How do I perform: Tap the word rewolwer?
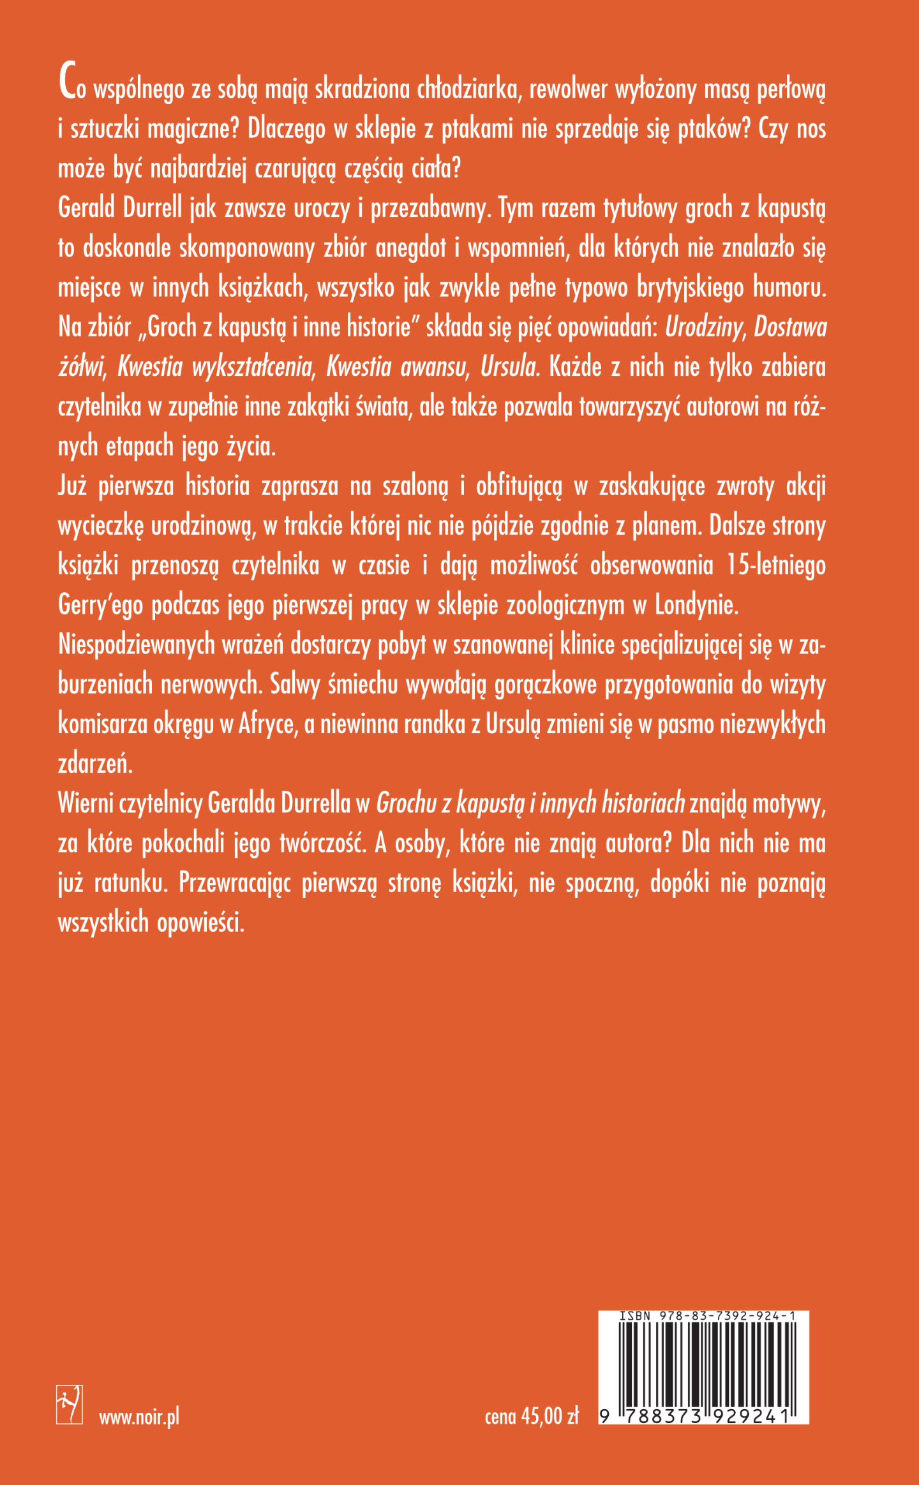(x=568, y=89)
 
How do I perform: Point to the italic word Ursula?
(x=510, y=367)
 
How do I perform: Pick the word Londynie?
(x=696, y=605)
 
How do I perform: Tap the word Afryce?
(x=268, y=724)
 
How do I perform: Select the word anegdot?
(x=410, y=248)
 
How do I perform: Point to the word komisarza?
(x=103, y=724)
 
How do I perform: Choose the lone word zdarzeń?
(x=95, y=764)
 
